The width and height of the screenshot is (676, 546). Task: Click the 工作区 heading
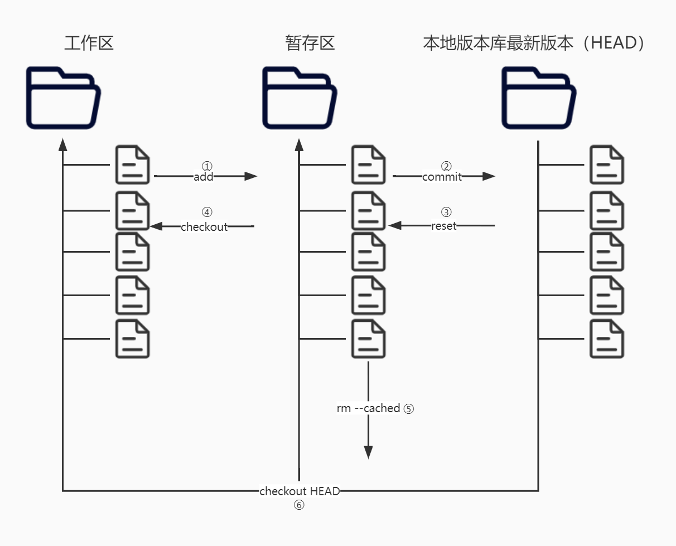pyautogui.click(x=89, y=43)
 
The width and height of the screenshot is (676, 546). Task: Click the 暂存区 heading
pyautogui.click(x=310, y=43)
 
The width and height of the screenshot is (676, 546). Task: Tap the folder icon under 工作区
pyautogui.click(x=63, y=98)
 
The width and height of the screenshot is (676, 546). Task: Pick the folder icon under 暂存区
pyautogui.click(x=300, y=98)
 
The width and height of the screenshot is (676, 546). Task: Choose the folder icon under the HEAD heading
pyautogui.click(x=538, y=98)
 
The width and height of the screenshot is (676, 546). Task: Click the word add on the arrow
pyautogui.click(x=204, y=177)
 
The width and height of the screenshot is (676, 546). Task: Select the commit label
pyautogui.click(x=442, y=177)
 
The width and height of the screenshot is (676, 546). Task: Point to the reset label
pyautogui.click(x=444, y=226)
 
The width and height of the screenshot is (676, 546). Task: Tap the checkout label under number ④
pyautogui.click(x=204, y=227)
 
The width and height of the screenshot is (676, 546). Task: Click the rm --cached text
pyautogui.click(x=368, y=408)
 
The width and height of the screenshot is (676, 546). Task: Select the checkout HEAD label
pyautogui.click(x=300, y=491)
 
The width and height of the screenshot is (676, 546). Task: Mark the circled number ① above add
pyautogui.click(x=207, y=166)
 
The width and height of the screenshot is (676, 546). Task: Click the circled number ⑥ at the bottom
pyautogui.click(x=300, y=505)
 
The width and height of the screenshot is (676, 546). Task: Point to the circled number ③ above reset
pyautogui.click(x=446, y=212)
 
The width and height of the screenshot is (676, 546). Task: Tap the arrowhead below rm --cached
pyautogui.click(x=368, y=452)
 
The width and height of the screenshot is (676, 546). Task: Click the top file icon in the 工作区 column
pyautogui.click(x=133, y=165)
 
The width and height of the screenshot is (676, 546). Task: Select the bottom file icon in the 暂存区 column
pyautogui.click(x=368, y=339)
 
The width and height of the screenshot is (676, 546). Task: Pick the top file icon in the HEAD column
pyautogui.click(x=607, y=165)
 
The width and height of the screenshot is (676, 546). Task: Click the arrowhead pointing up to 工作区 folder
pyautogui.click(x=63, y=145)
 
